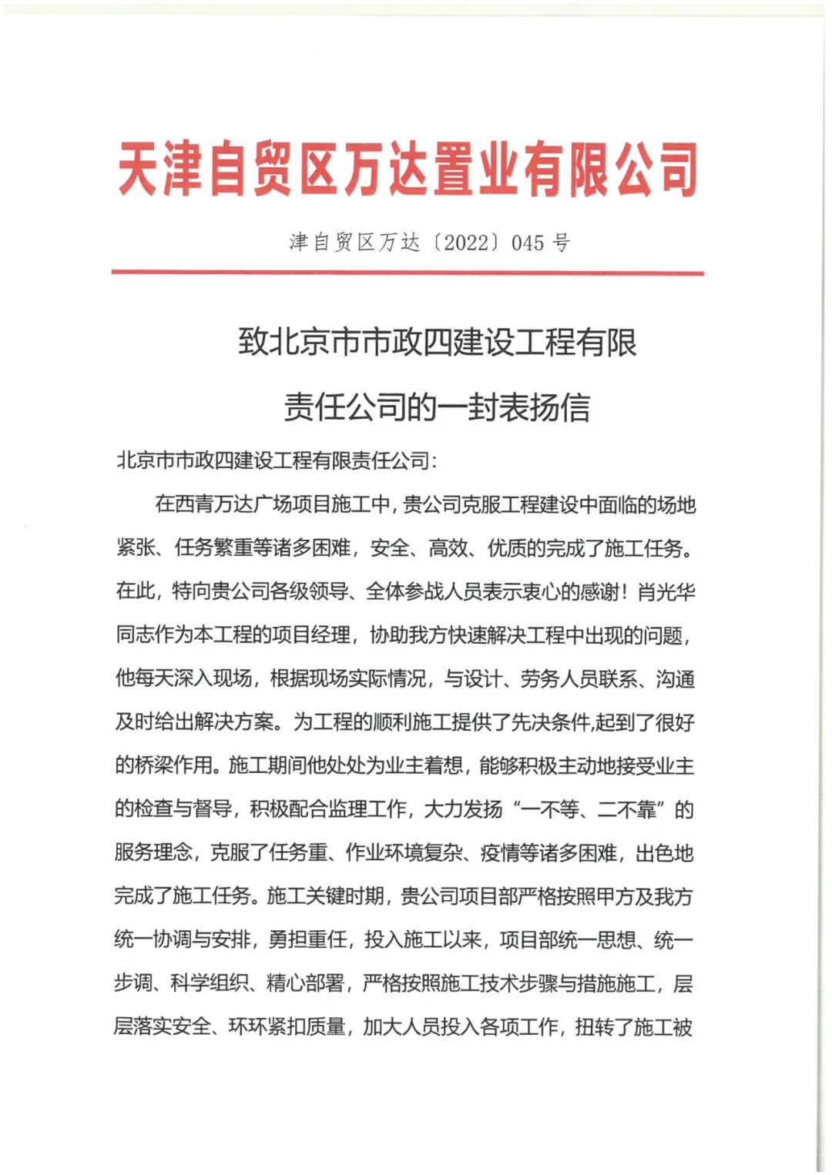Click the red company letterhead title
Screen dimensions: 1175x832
pyautogui.click(x=408, y=168)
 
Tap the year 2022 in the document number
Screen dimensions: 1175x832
pyautogui.click(x=466, y=243)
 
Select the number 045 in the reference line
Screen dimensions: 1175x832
pyautogui.click(x=528, y=243)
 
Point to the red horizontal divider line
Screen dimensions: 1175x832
pyautogui.click(x=408, y=272)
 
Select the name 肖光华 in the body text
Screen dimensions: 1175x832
pyautogui.click(x=666, y=591)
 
